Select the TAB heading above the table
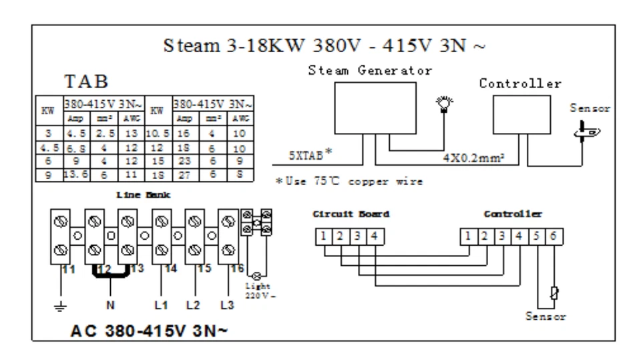tap(86, 82)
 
